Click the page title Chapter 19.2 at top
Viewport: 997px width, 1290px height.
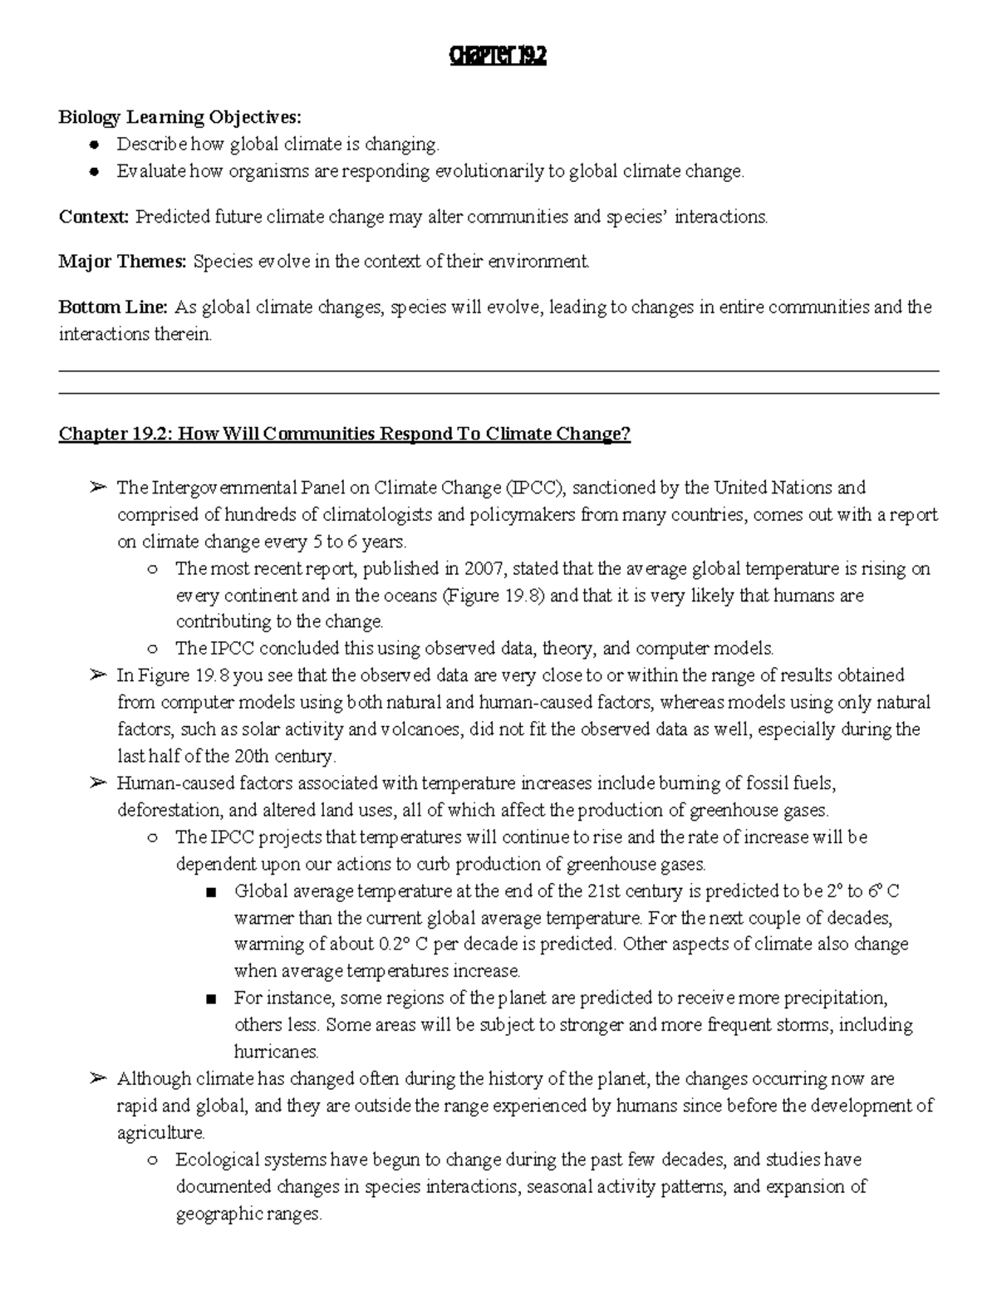[498, 57]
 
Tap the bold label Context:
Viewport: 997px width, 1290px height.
[93, 217]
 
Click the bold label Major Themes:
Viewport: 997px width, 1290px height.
[122, 262]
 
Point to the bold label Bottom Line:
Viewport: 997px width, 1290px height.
[113, 307]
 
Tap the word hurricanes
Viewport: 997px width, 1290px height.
[276, 1052]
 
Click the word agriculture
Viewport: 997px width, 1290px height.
[160, 1132]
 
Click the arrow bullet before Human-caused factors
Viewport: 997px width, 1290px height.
[97, 782]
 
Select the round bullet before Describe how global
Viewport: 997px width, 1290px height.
[95, 145]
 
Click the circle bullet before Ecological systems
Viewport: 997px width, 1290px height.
[151, 1160]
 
